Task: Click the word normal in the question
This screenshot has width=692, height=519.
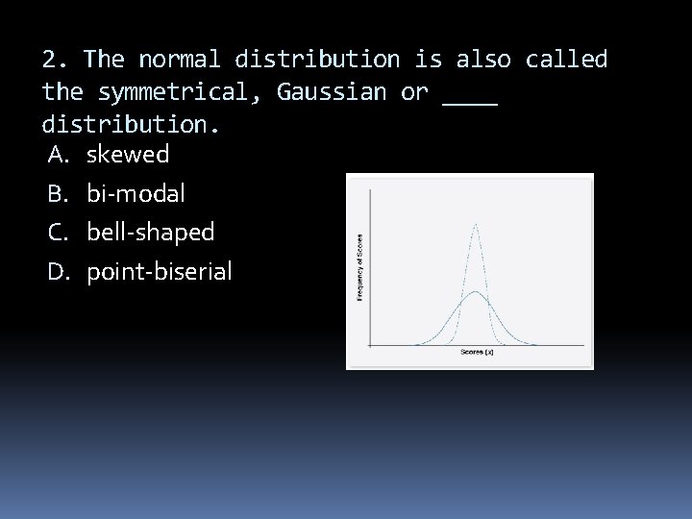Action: point(180,60)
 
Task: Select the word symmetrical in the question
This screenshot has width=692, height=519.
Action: point(178,93)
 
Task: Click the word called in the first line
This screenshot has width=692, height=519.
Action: point(566,60)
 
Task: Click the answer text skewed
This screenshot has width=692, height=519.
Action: point(128,154)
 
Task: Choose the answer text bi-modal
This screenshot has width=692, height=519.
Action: point(136,193)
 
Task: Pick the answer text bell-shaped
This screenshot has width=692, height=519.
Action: point(150,233)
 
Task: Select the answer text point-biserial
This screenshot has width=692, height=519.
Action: point(159,272)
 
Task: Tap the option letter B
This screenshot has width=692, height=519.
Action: point(57,193)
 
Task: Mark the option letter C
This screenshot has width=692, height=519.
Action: point(57,233)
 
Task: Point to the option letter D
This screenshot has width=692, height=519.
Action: point(57,272)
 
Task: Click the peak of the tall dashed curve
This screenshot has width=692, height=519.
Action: point(475,225)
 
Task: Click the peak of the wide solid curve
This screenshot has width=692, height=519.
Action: point(475,292)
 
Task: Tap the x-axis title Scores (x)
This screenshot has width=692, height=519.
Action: point(475,352)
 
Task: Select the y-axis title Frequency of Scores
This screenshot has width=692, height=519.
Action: point(359,268)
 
